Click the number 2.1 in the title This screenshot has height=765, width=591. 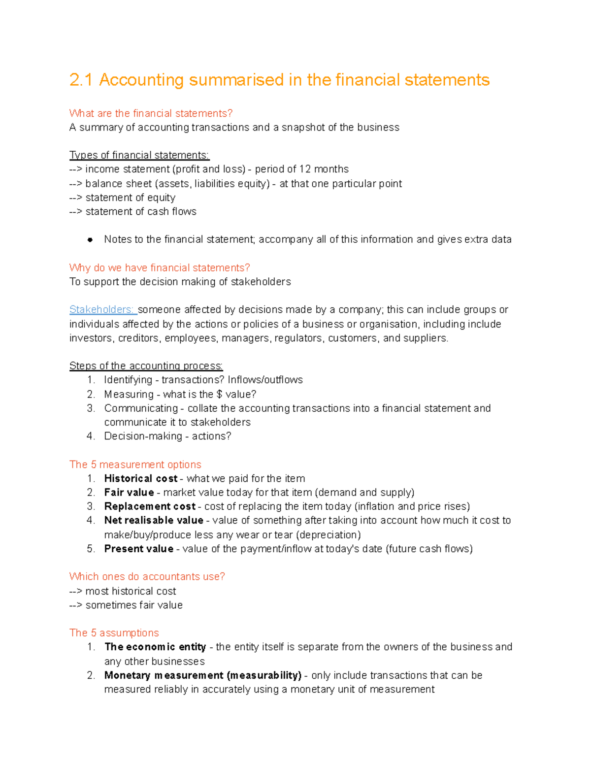(81, 80)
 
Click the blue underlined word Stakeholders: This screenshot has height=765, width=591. (102, 310)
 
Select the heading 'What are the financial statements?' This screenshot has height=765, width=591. (151, 113)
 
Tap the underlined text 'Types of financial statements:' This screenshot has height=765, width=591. (139, 155)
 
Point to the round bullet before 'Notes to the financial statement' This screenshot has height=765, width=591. (90, 240)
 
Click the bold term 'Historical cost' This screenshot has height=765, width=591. (141, 479)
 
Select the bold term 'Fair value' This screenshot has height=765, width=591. (129, 493)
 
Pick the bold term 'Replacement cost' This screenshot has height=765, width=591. (150, 506)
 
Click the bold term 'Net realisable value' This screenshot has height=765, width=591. (154, 520)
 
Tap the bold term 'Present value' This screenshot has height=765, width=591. (138, 549)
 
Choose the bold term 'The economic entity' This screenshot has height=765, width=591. (155, 647)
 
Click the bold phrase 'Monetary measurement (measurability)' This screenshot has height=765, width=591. (202, 675)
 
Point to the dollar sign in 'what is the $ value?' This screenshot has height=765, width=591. (219, 395)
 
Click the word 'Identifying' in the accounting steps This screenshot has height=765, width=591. (128, 380)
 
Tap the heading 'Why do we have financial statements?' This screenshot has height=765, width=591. (160, 268)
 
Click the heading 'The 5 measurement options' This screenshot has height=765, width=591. (135, 465)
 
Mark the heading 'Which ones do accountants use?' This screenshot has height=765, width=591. (147, 577)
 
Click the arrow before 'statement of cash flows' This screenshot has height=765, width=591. (76, 212)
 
